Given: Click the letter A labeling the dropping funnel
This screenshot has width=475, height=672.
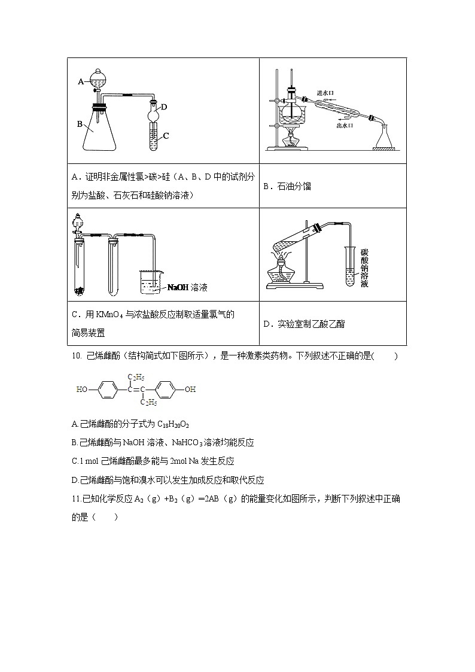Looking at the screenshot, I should point(81,81).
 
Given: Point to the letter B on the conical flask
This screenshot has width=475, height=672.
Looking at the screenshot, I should point(80,124).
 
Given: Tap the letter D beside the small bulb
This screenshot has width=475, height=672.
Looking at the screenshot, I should point(163,107).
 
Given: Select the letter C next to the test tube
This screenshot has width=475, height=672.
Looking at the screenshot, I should point(166,136).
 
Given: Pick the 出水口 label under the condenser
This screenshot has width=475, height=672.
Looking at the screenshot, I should point(345,126).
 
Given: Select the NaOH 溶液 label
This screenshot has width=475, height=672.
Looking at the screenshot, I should point(187,288).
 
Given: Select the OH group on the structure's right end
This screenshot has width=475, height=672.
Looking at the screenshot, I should point(190,389).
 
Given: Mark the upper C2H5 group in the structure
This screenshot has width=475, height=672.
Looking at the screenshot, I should point(137,377).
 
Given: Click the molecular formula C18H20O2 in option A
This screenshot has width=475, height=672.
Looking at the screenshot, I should point(173,424).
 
